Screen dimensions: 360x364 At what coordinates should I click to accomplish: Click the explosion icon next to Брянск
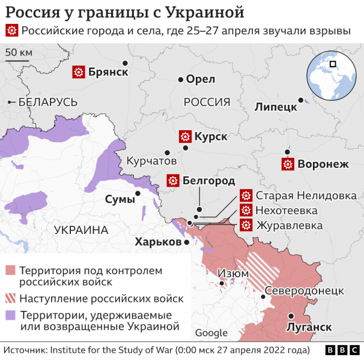click(x=78, y=72)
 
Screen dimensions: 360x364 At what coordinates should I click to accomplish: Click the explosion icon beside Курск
click(x=185, y=136)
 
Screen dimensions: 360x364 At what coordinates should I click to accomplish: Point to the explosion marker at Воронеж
click(x=288, y=164)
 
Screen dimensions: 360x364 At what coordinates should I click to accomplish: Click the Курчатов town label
click(x=151, y=161)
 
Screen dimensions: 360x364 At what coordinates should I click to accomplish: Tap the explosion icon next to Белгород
click(x=173, y=180)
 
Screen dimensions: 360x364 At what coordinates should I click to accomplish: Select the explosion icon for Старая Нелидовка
click(x=245, y=196)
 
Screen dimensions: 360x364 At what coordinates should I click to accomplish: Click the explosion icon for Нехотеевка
click(x=245, y=210)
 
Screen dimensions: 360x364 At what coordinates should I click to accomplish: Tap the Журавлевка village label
click(x=289, y=225)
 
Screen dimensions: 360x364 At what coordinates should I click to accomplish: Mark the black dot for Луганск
click(x=290, y=316)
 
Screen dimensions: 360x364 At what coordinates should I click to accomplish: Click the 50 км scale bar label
click(x=19, y=52)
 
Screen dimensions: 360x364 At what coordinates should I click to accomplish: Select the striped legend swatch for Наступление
click(x=11, y=298)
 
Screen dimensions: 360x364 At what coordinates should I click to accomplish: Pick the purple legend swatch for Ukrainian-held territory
click(x=11, y=315)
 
